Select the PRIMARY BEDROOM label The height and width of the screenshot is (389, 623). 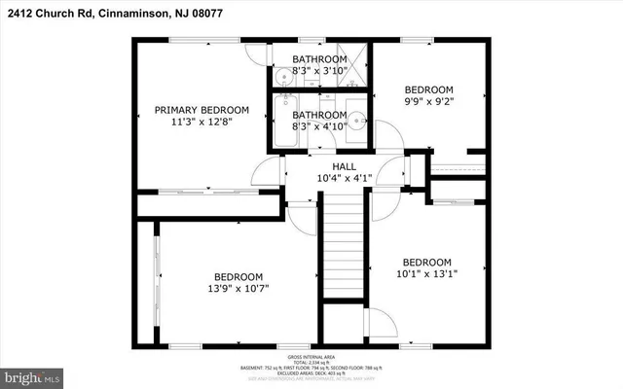[202, 110]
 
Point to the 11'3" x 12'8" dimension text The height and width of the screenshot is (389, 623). [202, 124]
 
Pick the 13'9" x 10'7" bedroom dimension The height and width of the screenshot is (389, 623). [238, 288]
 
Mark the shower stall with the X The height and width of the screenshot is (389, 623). [351, 63]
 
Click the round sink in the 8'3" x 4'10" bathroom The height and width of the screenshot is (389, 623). [356, 121]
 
